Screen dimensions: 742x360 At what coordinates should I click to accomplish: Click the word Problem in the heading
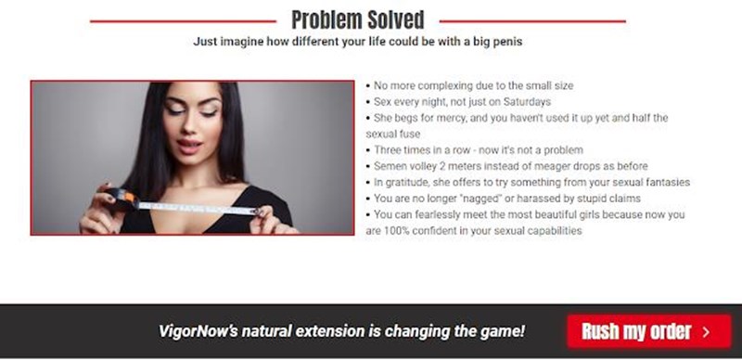click(326, 20)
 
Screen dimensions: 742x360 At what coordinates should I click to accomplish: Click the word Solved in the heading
click(396, 20)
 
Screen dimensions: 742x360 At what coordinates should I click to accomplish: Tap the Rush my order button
click(649, 331)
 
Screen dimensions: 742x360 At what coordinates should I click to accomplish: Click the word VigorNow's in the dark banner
click(198, 331)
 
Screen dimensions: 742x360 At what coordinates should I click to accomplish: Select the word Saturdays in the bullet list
click(527, 102)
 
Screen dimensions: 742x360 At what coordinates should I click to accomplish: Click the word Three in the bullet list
click(387, 150)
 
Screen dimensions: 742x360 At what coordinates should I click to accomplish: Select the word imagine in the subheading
click(242, 42)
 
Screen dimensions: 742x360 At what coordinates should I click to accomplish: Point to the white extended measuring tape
click(198, 208)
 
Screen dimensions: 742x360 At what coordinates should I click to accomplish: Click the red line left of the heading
click(183, 21)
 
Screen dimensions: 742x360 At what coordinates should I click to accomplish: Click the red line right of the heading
click(532, 21)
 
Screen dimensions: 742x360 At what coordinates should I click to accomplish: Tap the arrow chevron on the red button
click(706, 331)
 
